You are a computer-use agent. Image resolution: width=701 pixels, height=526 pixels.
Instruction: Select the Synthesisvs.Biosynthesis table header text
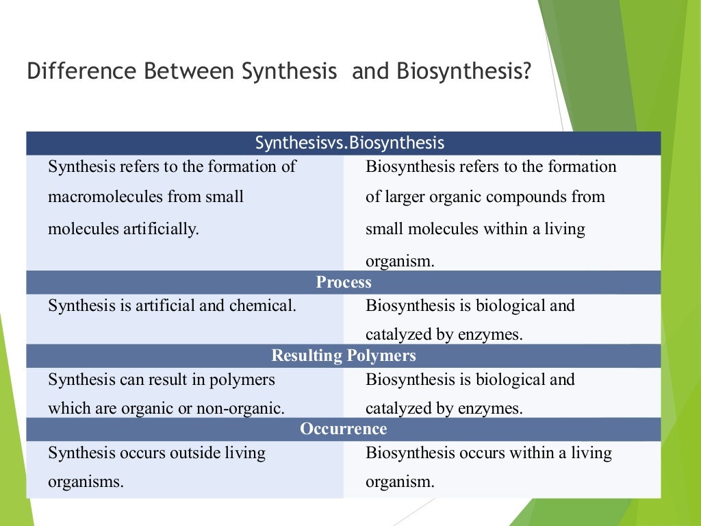point(350,143)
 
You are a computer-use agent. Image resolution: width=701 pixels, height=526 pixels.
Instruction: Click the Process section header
point(344,282)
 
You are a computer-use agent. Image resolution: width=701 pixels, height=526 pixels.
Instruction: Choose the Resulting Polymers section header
point(344,355)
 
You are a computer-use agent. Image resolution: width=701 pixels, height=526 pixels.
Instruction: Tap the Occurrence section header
point(344,429)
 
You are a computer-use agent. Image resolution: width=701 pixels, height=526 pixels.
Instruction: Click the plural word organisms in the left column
point(86,481)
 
